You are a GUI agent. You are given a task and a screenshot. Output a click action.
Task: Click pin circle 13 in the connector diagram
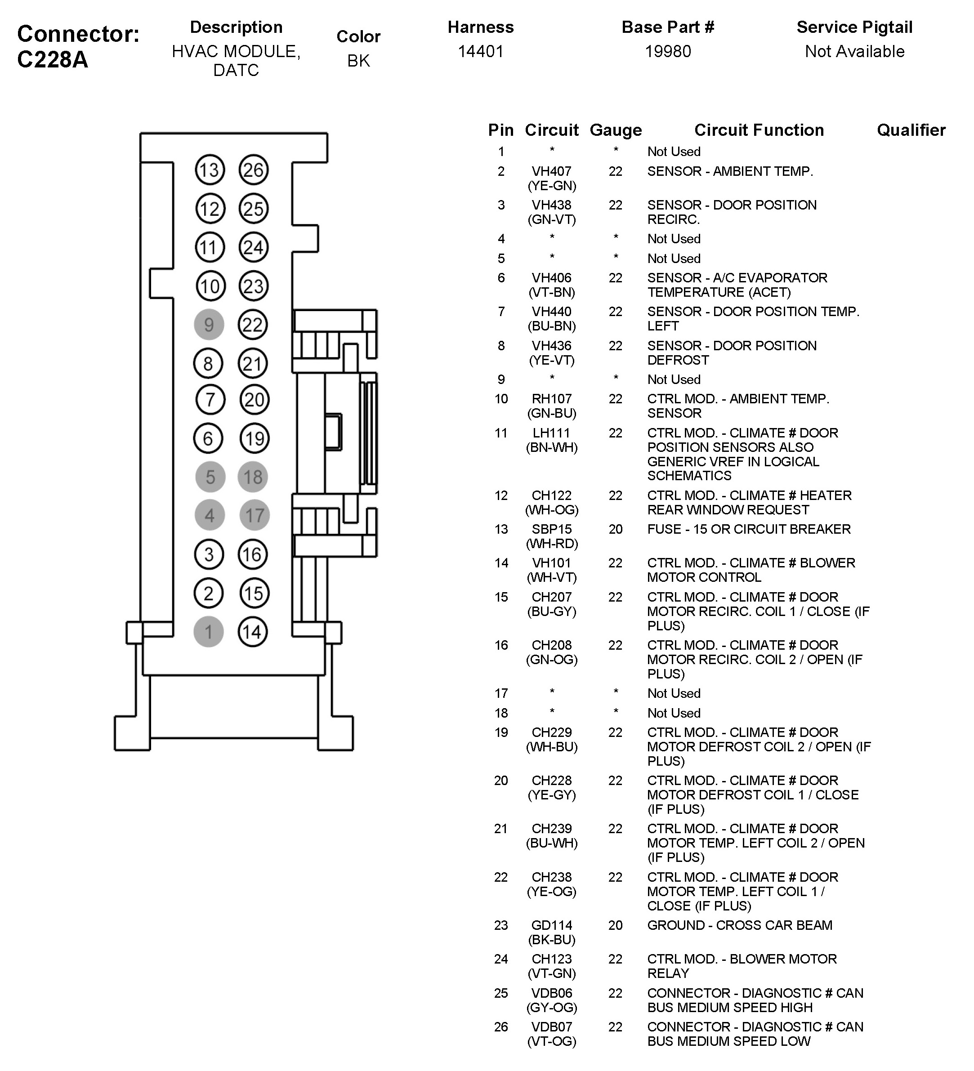pos(210,170)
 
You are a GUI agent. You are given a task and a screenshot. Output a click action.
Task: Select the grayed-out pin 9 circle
pos(209,325)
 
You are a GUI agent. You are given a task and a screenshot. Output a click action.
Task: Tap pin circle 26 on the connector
pos(254,170)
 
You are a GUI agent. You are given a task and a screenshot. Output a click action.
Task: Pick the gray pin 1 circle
pos(208,632)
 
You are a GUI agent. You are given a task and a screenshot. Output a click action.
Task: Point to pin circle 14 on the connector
pos(252,632)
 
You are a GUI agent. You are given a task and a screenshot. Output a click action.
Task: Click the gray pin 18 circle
pos(254,477)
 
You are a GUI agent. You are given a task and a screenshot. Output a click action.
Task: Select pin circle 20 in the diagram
pos(254,400)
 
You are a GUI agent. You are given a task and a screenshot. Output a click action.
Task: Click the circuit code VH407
pos(552,172)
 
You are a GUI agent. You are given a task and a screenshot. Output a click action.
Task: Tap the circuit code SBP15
pos(552,529)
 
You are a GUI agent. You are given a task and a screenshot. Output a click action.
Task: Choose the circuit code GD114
pos(552,925)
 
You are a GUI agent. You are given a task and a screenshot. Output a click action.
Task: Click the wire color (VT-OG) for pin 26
pos(552,1041)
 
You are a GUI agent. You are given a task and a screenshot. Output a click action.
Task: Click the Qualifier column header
pos(911,130)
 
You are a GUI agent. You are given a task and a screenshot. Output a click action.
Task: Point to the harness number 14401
pos(480,52)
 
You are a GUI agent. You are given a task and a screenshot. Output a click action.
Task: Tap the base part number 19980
pos(668,52)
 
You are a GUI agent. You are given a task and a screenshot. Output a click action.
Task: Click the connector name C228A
pos(52,59)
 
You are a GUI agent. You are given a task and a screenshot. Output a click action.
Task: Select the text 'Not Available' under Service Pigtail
pos(854,52)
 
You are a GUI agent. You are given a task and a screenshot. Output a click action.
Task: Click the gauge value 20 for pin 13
pos(615,529)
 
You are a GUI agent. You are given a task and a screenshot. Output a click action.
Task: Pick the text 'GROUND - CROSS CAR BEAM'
pos(740,925)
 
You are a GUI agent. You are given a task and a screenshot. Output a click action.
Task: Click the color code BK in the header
pos(359,61)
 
